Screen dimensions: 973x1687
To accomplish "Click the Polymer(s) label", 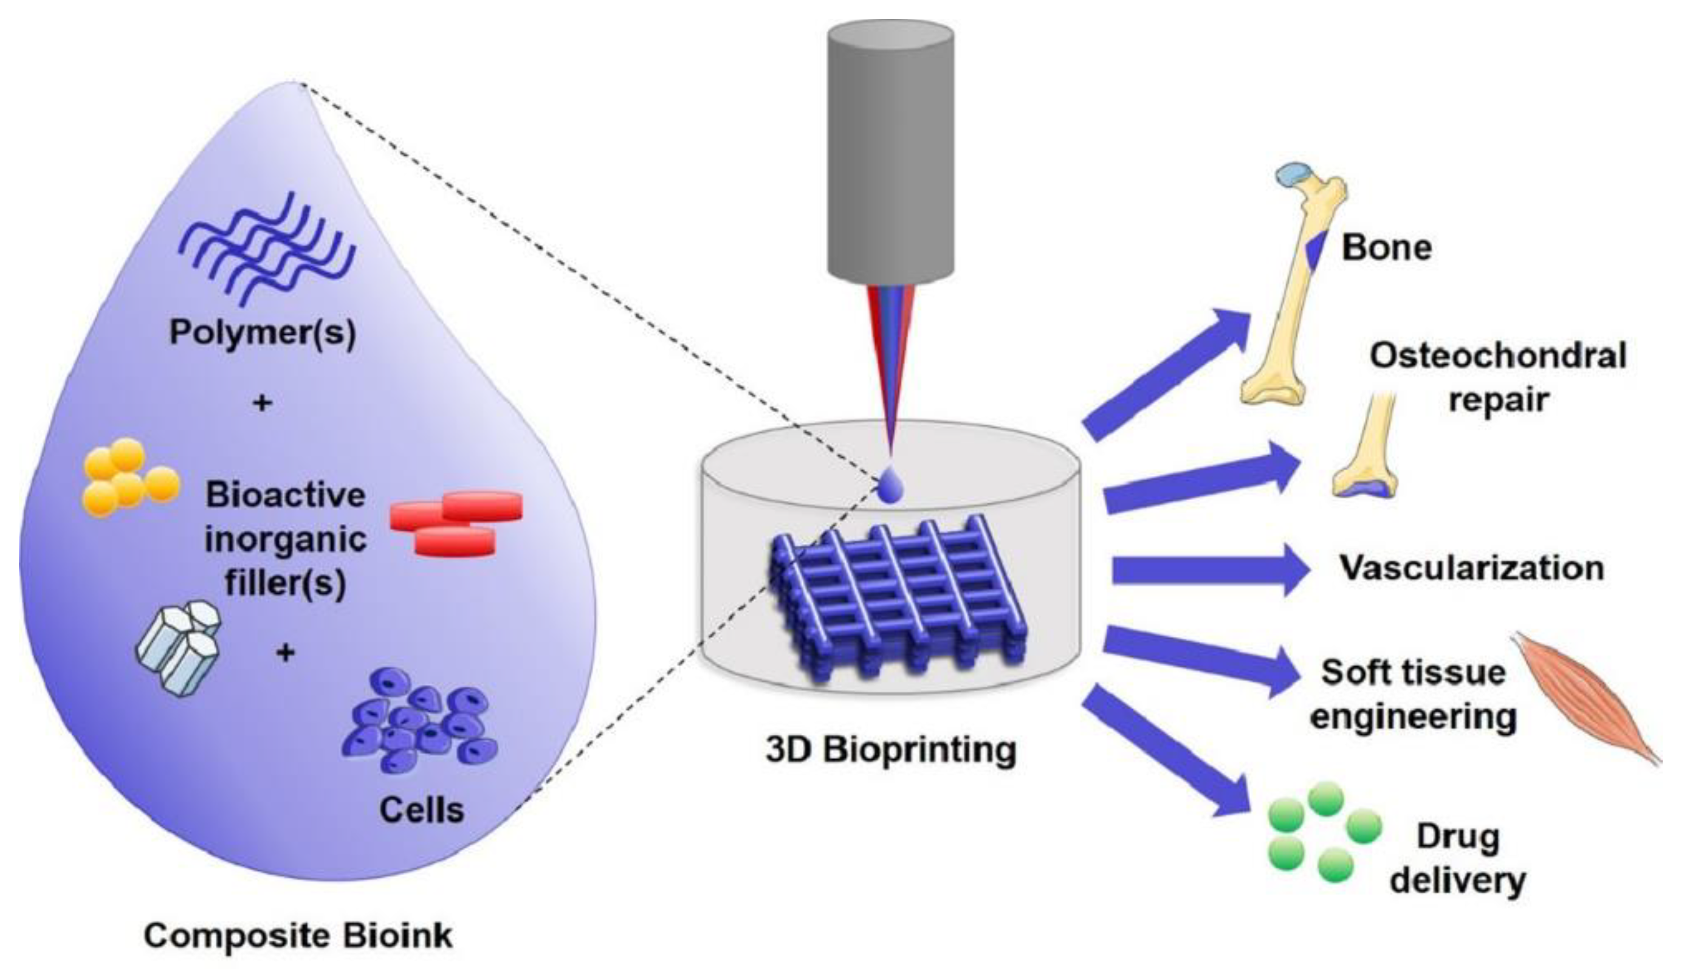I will coord(262,332).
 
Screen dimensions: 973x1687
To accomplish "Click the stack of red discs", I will coord(456,523).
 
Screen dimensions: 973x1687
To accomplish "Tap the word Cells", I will coord(421,810).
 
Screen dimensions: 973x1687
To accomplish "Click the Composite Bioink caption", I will coord(298,935).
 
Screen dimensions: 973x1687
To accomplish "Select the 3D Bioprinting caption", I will coord(891,750).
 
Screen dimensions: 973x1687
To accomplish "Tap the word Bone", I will coord(1387,248).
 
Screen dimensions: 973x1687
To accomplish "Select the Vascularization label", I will coord(1472,568).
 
